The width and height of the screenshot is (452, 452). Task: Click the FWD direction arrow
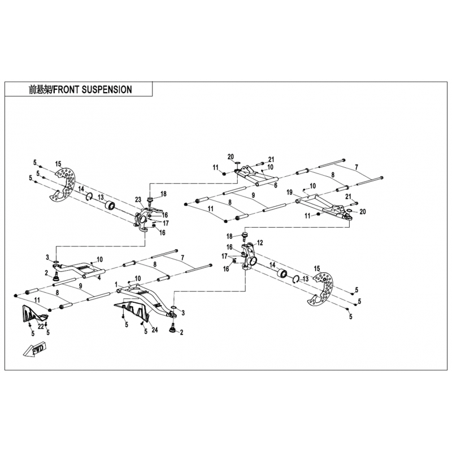pyautogui.click(x=34, y=349)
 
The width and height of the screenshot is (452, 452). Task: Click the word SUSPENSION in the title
pyautogui.click(x=107, y=90)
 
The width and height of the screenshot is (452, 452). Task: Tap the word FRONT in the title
pyautogui.click(x=66, y=90)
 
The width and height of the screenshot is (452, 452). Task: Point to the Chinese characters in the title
pyautogui.click(x=40, y=90)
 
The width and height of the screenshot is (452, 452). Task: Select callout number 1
pyautogui.click(x=116, y=285)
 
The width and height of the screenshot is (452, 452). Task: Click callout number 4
pyautogui.click(x=99, y=278)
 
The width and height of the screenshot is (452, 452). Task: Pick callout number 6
pyautogui.click(x=276, y=185)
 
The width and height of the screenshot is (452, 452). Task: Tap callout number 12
pyautogui.click(x=260, y=243)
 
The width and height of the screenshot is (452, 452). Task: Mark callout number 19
pyautogui.click(x=290, y=192)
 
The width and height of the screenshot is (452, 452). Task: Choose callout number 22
pyautogui.click(x=41, y=326)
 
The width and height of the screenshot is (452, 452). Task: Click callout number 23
pyautogui.click(x=138, y=199)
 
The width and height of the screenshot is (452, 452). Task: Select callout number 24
pyautogui.click(x=155, y=329)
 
